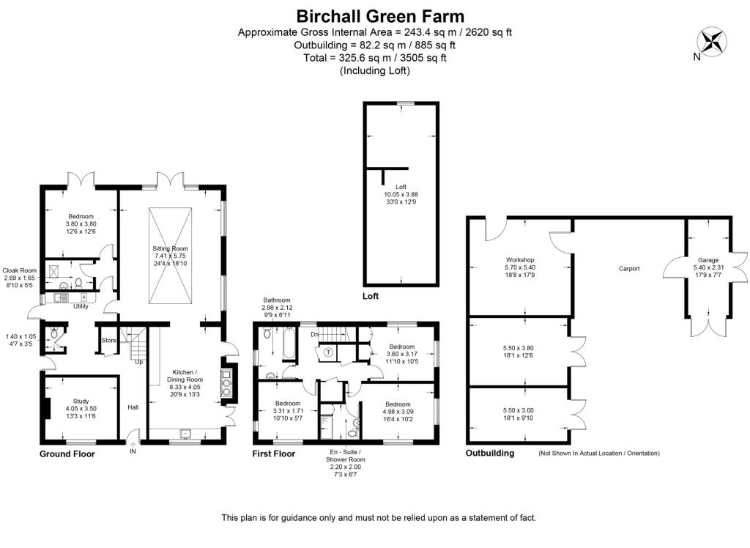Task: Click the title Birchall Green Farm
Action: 379,15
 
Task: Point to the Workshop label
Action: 519,260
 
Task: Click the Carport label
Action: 628,269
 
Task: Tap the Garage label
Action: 708,260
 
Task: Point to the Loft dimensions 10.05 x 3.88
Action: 401,194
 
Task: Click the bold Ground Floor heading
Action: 67,454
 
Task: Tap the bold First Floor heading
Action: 275,454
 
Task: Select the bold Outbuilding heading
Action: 490,453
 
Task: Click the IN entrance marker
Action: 133,452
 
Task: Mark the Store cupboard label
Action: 108,340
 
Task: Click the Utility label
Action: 81,306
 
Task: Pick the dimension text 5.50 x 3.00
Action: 519,410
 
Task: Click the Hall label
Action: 133,407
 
